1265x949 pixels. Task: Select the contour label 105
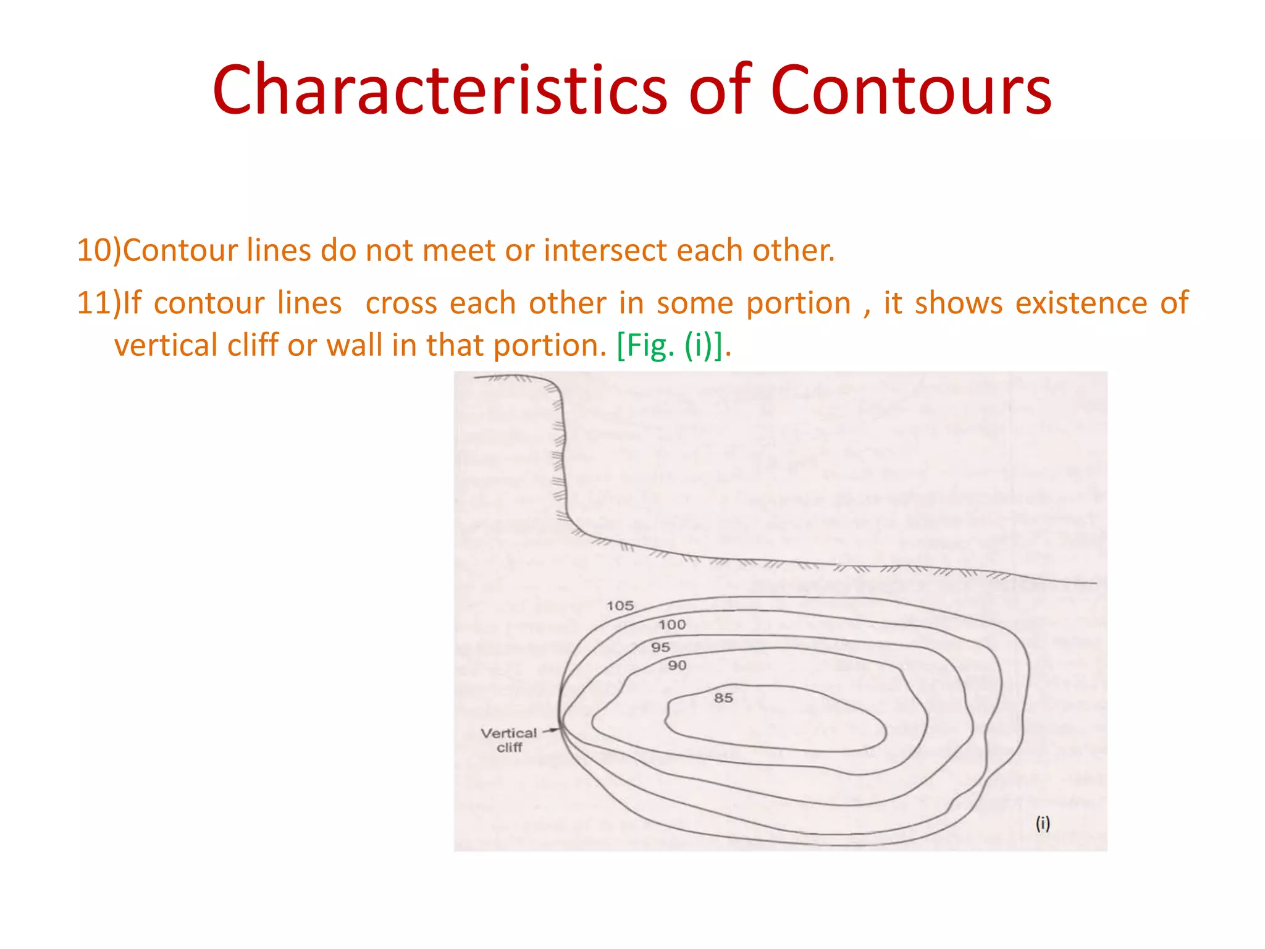point(620,605)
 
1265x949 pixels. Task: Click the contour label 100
point(672,625)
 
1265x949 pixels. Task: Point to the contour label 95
point(660,647)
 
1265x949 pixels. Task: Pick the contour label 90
point(677,665)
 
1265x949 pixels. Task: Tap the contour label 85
point(723,698)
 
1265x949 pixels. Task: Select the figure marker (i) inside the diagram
point(1043,824)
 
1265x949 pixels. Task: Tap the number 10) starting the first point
point(99,251)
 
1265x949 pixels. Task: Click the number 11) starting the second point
point(99,303)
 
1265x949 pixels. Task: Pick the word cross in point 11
point(401,303)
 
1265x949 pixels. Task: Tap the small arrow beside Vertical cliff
point(550,730)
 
